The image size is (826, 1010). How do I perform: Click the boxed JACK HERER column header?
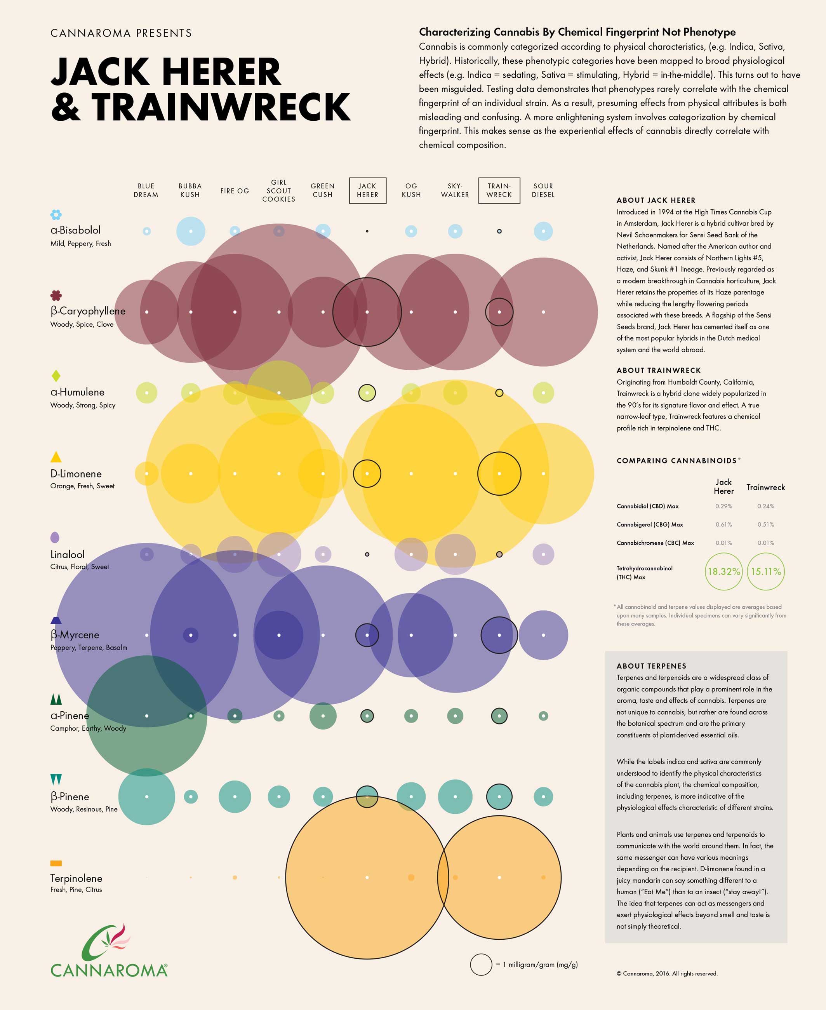tap(367, 190)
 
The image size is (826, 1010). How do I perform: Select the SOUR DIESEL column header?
tap(543, 190)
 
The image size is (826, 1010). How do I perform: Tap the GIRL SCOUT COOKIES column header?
tap(279, 190)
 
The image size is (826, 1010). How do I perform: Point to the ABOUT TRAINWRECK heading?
tap(659, 370)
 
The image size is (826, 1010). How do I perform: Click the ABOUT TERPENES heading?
tap(651, 666)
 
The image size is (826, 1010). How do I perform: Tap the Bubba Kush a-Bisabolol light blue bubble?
tap(191, 231)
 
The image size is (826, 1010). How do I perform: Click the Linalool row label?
tap(67, 554)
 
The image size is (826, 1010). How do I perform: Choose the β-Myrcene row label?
tap(75, 634)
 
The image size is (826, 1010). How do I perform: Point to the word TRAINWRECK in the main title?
tap(220, 108)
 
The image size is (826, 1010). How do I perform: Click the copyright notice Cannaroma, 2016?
tap(667, 973)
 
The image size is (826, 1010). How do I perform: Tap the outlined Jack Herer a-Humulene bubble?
tap(367, 393)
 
